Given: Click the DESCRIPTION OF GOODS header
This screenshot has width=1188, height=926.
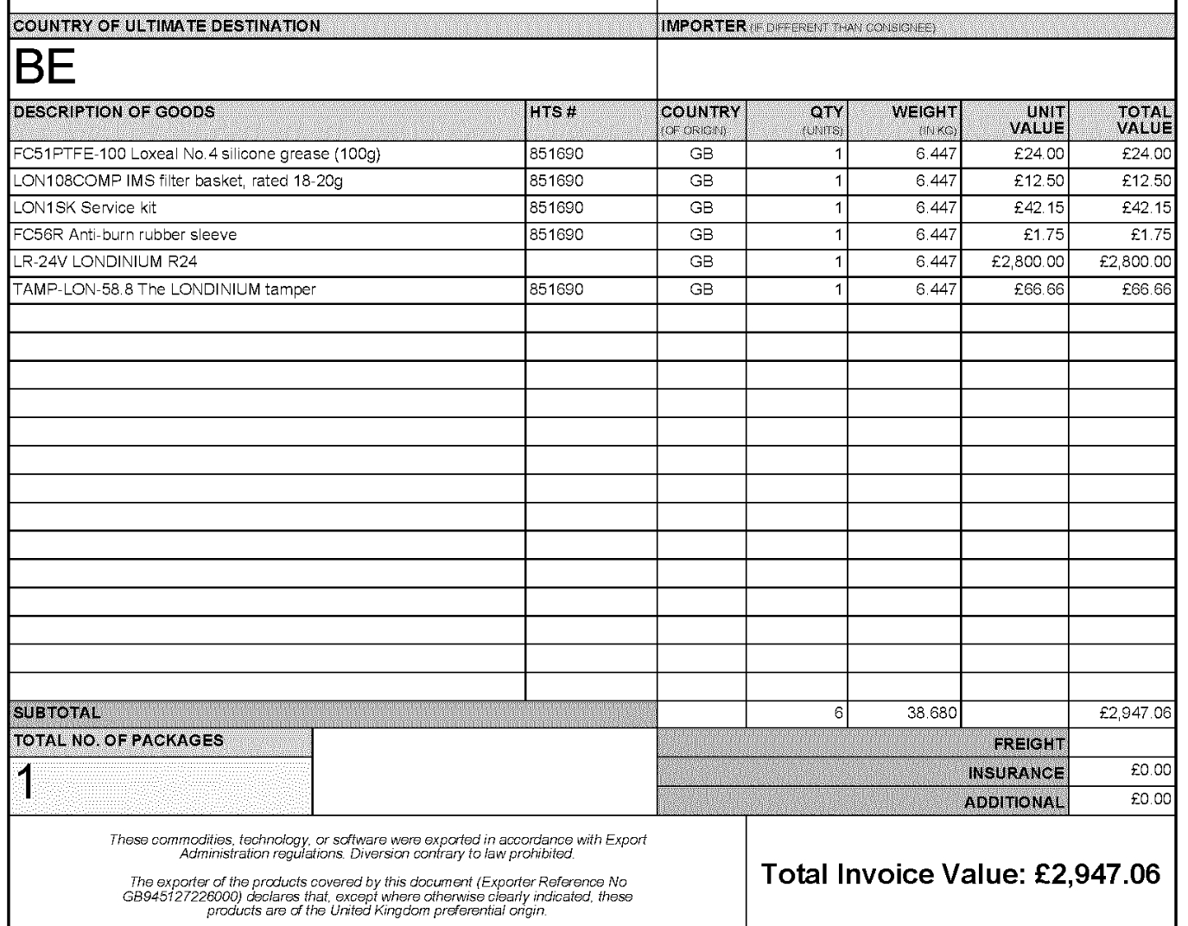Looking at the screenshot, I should tap(115, 112).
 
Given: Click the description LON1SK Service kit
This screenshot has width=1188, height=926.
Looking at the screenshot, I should tap(85, 208).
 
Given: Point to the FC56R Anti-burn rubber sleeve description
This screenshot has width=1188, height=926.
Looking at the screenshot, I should tap(125, 235).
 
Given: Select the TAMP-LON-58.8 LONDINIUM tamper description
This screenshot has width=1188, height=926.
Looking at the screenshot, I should tap(164, 289).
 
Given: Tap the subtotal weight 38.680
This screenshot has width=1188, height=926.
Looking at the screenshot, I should tap(927, 714).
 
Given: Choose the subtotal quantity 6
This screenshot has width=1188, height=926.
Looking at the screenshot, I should tap(837, 714).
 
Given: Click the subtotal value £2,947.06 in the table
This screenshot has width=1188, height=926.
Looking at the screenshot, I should tap(1135, 714).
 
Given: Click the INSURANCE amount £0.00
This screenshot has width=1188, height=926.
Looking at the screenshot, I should tap(1153, 771).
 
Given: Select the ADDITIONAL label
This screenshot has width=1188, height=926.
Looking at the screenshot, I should tap(1014, 802).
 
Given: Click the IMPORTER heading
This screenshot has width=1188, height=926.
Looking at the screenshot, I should tap(702, 27).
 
